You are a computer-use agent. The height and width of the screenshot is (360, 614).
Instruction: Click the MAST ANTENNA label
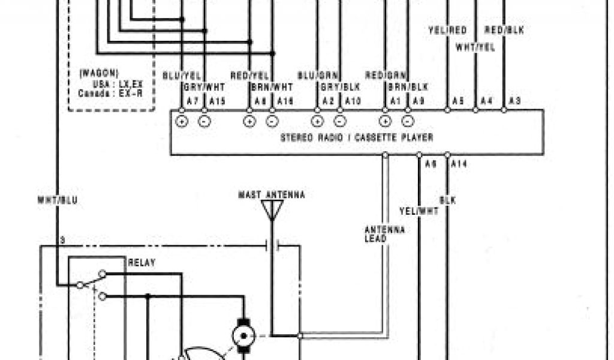pos(272,195)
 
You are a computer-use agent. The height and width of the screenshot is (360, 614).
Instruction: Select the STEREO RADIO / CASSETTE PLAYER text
pos(357,137)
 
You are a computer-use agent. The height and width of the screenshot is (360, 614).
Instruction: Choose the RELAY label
pos(141,263)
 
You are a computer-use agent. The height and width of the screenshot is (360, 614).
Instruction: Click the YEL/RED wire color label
pos(447,31)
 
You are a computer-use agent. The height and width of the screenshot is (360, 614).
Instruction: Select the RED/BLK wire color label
pos(504,31)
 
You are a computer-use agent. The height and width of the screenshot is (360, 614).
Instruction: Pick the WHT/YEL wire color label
pos(475,47)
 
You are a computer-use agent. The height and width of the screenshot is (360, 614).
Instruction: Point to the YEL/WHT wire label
pos(419,211)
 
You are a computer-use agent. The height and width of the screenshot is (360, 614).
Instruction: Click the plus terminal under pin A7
pos(182,121)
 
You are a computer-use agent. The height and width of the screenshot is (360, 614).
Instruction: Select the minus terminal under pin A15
pos(204,121)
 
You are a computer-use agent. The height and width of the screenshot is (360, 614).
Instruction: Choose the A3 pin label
pos(514,100)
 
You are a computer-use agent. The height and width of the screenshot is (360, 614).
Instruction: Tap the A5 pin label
pos(458,100)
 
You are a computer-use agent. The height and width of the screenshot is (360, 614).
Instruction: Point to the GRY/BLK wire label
pos(341,86)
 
